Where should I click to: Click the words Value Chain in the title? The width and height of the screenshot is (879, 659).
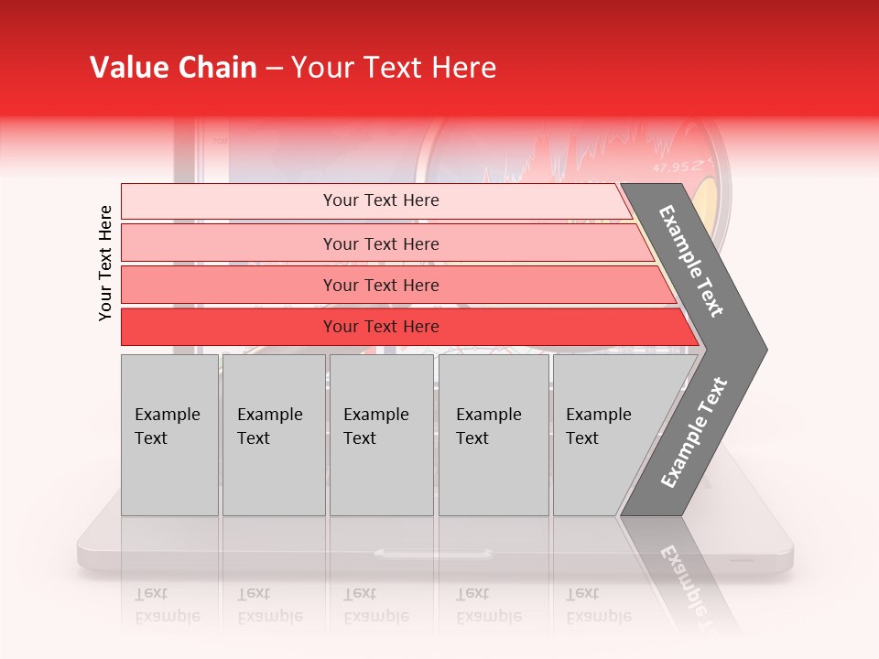pyautogui.click(x=173, y=68)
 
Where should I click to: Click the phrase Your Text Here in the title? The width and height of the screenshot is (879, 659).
pyautogui.click(x=394, y=68)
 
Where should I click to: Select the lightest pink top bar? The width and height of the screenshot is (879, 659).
pyautogui.click(x=229, y=201)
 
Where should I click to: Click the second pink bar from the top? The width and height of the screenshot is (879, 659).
pyautogui.click(x=229, y=243)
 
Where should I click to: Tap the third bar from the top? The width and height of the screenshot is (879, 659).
pyautogui.click(x=229, y=285)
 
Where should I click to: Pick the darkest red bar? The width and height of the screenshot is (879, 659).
pyautogui.click(x=229, y=327)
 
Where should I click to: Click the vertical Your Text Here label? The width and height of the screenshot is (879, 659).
pyautogui.click(x=105, y=263)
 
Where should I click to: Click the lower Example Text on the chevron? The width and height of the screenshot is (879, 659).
pyautogui.click(x=693, y=432)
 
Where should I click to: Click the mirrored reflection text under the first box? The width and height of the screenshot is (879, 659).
pyautogui.click(x=168, y=605)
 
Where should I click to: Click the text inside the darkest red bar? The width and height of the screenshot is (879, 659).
pyautogui.click(x=381, y=327)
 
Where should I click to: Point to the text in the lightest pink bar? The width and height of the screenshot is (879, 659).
pyautogui.click(x=381, y=200)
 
